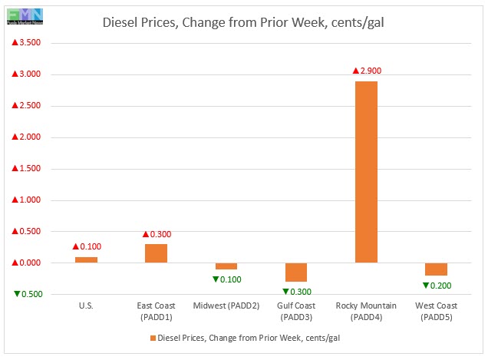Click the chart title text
tap(244, 22)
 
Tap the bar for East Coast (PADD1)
tap(156, 253)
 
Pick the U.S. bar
tap(86, 259)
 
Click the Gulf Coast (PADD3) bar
tap(295, 272)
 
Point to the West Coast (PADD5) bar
tap(436, 269)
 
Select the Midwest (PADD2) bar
tap(226, 266)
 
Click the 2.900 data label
tap(367, 71)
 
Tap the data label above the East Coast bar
tap(156, 234)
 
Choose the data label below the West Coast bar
tap(436, 286)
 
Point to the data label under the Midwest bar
tap(226, 279)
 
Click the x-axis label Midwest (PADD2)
tap(226, 306)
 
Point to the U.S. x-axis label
tap(86, 306)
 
